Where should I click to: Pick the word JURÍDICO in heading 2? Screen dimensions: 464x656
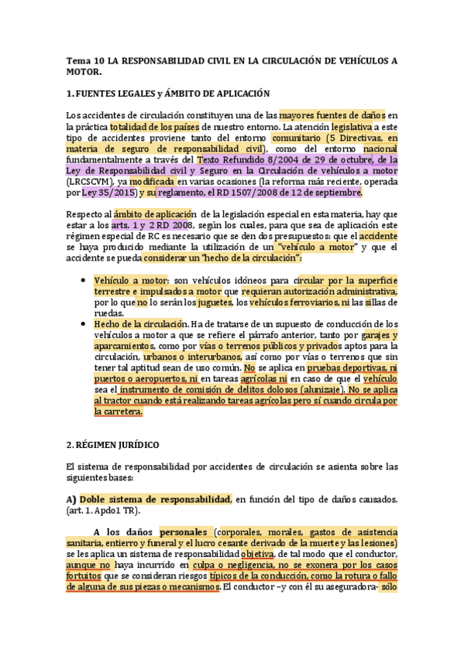(x=133, y=446)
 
